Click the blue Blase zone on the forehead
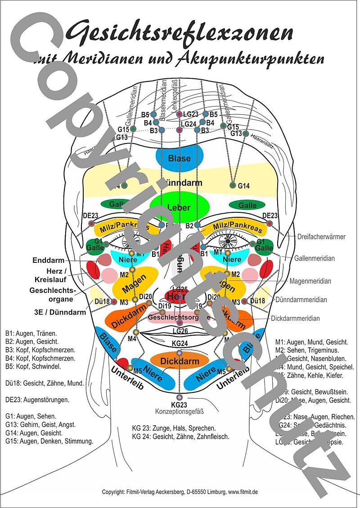click(180, 158)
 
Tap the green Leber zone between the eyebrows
click(179, 208)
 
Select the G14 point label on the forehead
click(243, 185)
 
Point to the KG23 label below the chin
click(179, 404)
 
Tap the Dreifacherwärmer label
click(321, 237)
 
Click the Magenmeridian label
click(310, 281)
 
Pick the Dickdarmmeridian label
click(295, 318)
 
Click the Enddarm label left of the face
click(49, 260)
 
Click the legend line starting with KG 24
click(180, 436)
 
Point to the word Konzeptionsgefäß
click(180, 411)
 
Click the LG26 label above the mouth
click(180, 331)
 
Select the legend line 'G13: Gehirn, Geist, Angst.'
click(40, 424)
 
